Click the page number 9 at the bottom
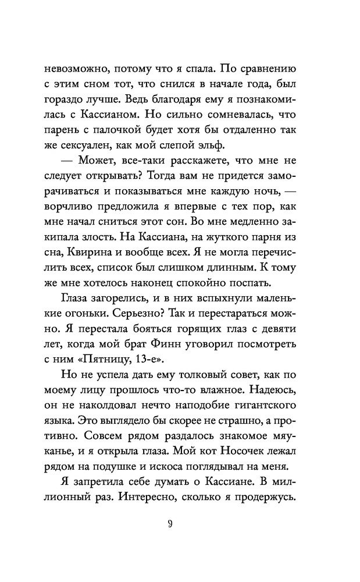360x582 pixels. click(180, 524)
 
